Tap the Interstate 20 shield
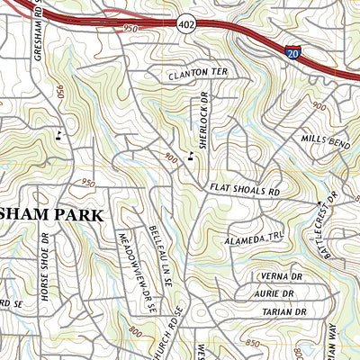pyautogui.click(x=292, y=53)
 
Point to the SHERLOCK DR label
pyautogui.click(x=203, y=122)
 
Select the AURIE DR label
pyautogui.click(x=275, y=293)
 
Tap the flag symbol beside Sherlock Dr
pyautogui.click(x=190, y=157)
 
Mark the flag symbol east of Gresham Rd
pyautogui.click(x=58, y=135)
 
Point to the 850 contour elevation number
pyautogui.click(x=254, y=343)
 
